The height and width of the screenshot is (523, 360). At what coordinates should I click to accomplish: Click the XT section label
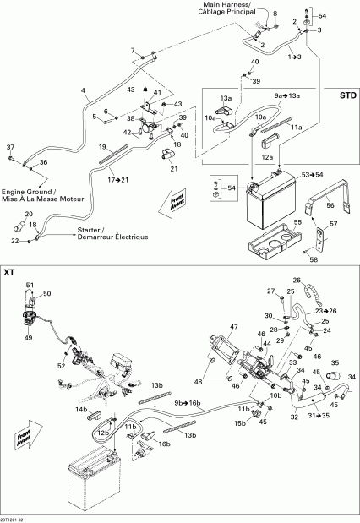tap(11, 272)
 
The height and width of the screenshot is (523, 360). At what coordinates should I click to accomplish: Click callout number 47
tap(234, 326)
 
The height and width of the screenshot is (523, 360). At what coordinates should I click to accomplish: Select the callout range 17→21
tap(117, 179)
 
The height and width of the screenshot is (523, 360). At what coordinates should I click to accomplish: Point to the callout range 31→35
tap(319, 415)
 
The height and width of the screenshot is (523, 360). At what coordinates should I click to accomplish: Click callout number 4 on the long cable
tap(82, 90)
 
